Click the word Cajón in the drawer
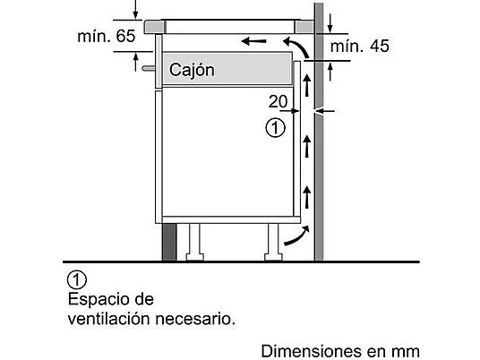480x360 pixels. tap(192, 71)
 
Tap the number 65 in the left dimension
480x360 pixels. tap(125, 36)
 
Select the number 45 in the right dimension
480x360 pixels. tap(380, 46)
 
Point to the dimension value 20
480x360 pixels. tap(278, 101)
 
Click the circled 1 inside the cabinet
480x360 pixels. tap(275, 128)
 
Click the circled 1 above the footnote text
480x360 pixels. tap(77, 279)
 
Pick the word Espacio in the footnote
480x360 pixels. tap(99, 299)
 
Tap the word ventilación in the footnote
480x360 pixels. tap(109, 319)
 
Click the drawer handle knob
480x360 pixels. tap(149, 68)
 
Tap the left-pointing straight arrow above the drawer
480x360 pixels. tap(253, 41)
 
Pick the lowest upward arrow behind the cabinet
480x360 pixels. tap(307, 197)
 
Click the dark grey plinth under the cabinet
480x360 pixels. tap(169, 242)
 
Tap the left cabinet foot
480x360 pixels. tap(194, 242)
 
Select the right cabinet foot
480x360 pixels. tap(273, 242)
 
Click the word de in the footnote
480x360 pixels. tap(144, 299)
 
